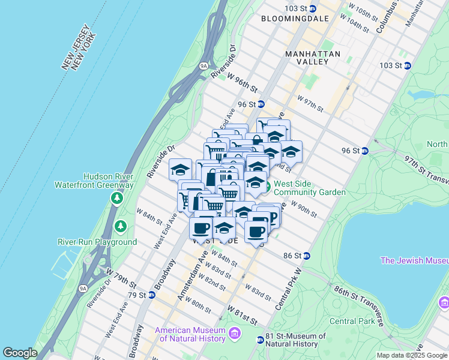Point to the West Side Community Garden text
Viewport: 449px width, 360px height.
point(309,188)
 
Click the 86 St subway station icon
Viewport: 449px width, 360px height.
point(306,256)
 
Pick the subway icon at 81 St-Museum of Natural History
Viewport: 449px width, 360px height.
point(260,340)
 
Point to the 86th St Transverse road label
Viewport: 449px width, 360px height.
point(359,307)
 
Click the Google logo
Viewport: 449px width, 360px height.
point(20,352)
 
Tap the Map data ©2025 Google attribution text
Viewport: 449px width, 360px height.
point(411,355)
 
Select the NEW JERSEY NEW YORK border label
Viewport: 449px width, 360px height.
point(79,48)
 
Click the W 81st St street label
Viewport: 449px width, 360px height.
point(243,315)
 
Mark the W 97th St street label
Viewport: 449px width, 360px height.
point(310,103)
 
